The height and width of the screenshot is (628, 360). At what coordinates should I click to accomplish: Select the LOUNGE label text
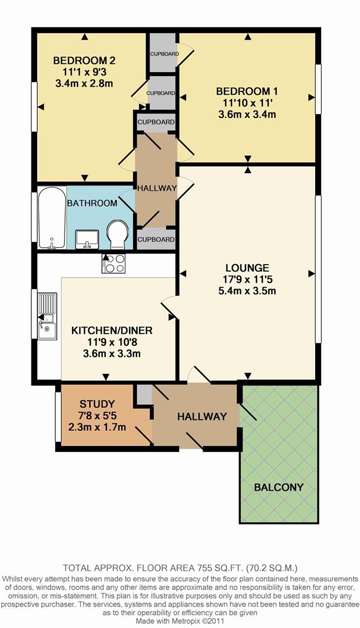tap(247, 268)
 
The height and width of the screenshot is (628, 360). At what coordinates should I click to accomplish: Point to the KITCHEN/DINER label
tap(112, 330)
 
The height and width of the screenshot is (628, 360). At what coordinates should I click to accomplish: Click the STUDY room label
tap(97, 404)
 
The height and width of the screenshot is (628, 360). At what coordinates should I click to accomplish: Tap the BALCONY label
tap(279, 487)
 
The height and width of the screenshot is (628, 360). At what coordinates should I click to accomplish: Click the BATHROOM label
tap(92, 204)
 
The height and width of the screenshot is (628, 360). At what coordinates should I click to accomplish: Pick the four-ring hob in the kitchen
tap(113, 263)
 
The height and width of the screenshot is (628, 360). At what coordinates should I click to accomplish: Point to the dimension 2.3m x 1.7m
tap(97, 427)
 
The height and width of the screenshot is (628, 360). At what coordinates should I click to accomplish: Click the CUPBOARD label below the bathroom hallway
tap(156, 240)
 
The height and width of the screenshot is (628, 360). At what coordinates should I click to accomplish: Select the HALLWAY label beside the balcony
tap(202, 416)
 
